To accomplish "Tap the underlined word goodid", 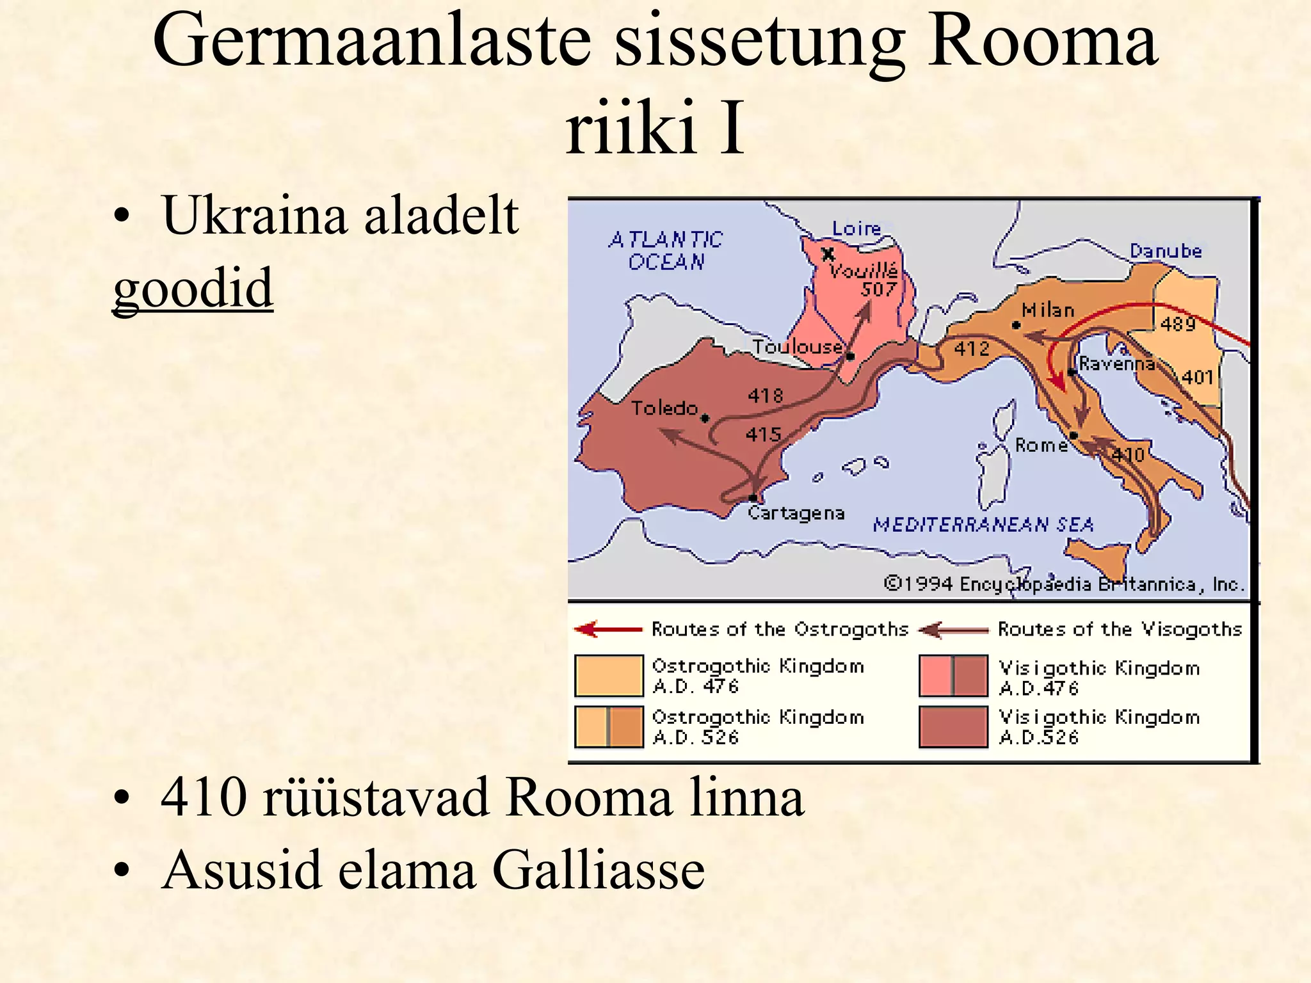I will coord(193,287).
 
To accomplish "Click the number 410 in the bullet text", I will coord(204,797).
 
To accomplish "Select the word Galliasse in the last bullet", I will coord(598,870).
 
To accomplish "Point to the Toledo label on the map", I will coord(664,408).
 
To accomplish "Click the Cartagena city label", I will coord(796,513).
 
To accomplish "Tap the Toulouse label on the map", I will coord(797,347).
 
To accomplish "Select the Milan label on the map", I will coord(1048,310).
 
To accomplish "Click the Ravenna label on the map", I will coord(1117,364).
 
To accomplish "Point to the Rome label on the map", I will coord(1042,445).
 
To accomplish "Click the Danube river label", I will coord(1166,251).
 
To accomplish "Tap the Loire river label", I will coord(856,228).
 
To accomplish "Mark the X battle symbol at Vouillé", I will coord(828,254).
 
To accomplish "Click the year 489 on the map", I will coord(1178,324).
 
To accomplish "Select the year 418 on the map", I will coord(766,396).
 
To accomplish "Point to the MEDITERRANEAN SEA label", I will coord(983,525).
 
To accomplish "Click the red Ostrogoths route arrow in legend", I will coord(608,630).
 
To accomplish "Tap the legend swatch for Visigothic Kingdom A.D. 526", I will coord(953,727).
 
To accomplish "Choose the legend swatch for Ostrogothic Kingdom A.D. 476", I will coord(608,675).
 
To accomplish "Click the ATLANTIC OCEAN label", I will coord(666,251).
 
